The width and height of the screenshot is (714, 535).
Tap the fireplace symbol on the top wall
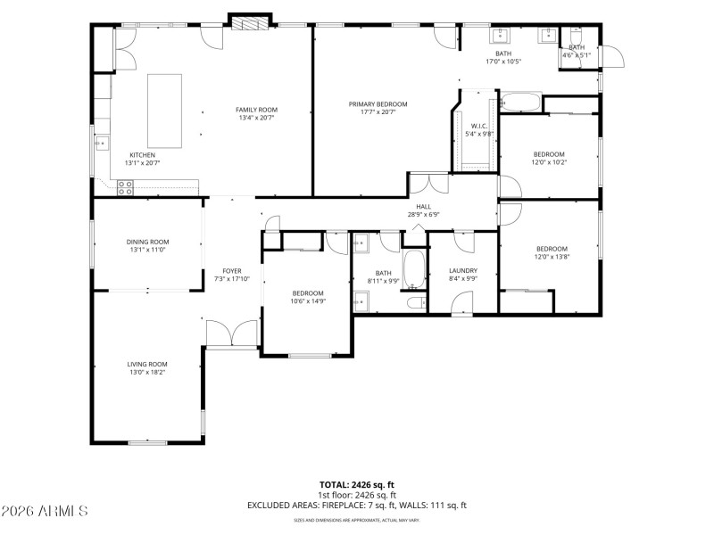coord(250,22)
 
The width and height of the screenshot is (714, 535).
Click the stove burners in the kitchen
coord(126,187)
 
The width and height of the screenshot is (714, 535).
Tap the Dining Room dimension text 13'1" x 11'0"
coord(147,250)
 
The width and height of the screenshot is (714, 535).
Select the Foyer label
coord(232,270)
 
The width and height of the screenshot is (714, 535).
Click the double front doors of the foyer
coord(232,335)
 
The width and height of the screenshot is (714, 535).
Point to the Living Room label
coord(147,364)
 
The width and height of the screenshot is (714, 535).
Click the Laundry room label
coord(463,270)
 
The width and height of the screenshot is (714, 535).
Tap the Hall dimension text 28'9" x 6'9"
coord(423,214)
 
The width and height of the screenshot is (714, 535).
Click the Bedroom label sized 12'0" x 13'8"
coord(552,249)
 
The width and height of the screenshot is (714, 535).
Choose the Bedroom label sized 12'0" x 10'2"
coord(549,153)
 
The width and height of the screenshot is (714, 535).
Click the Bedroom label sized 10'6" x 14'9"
coord(307,293)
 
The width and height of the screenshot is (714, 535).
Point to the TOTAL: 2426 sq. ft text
coord(356,485)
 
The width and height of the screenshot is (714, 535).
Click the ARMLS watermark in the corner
coord(45,511)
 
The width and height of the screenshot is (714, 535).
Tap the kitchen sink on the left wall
coord(101,142)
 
